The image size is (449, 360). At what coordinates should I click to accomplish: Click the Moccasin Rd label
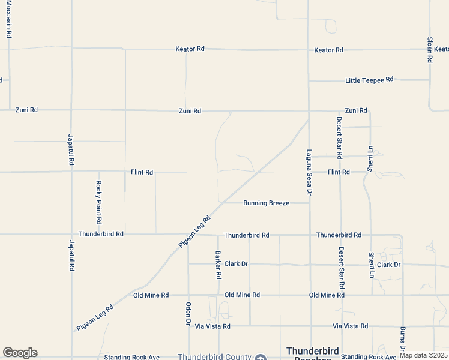9,19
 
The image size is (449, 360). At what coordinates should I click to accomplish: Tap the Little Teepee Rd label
369,80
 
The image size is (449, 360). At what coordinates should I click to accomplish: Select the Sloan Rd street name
430,50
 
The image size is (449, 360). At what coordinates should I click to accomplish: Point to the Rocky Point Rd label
98,198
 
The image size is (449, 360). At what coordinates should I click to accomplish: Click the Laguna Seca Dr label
309,172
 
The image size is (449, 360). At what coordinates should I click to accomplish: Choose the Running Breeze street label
266,203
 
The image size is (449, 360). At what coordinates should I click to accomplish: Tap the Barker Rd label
218,265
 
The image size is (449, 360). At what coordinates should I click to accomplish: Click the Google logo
20,353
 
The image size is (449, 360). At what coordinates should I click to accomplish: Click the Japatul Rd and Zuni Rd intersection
71,110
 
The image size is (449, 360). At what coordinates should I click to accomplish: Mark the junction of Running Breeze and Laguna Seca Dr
309,203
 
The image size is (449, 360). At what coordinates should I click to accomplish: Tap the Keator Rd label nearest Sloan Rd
328,50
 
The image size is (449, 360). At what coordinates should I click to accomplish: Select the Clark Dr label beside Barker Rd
236,264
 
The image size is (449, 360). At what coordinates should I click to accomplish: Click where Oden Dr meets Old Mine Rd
188,295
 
